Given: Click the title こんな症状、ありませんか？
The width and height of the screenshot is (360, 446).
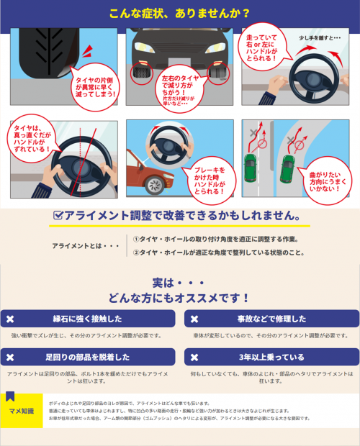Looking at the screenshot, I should coord(180,13).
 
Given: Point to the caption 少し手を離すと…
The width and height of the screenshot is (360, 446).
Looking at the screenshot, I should coord(315,37).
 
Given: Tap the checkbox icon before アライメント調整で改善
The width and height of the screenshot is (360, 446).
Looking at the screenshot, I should coord(60,215).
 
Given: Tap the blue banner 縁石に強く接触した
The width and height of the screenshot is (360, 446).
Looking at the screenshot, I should coord(88,319).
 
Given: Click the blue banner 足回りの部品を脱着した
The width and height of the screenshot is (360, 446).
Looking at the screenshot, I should coord(88,357).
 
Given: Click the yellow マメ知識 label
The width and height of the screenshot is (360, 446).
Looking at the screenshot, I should coord(22,411).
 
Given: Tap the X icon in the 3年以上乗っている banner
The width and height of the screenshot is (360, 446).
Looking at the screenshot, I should coord(192,357).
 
